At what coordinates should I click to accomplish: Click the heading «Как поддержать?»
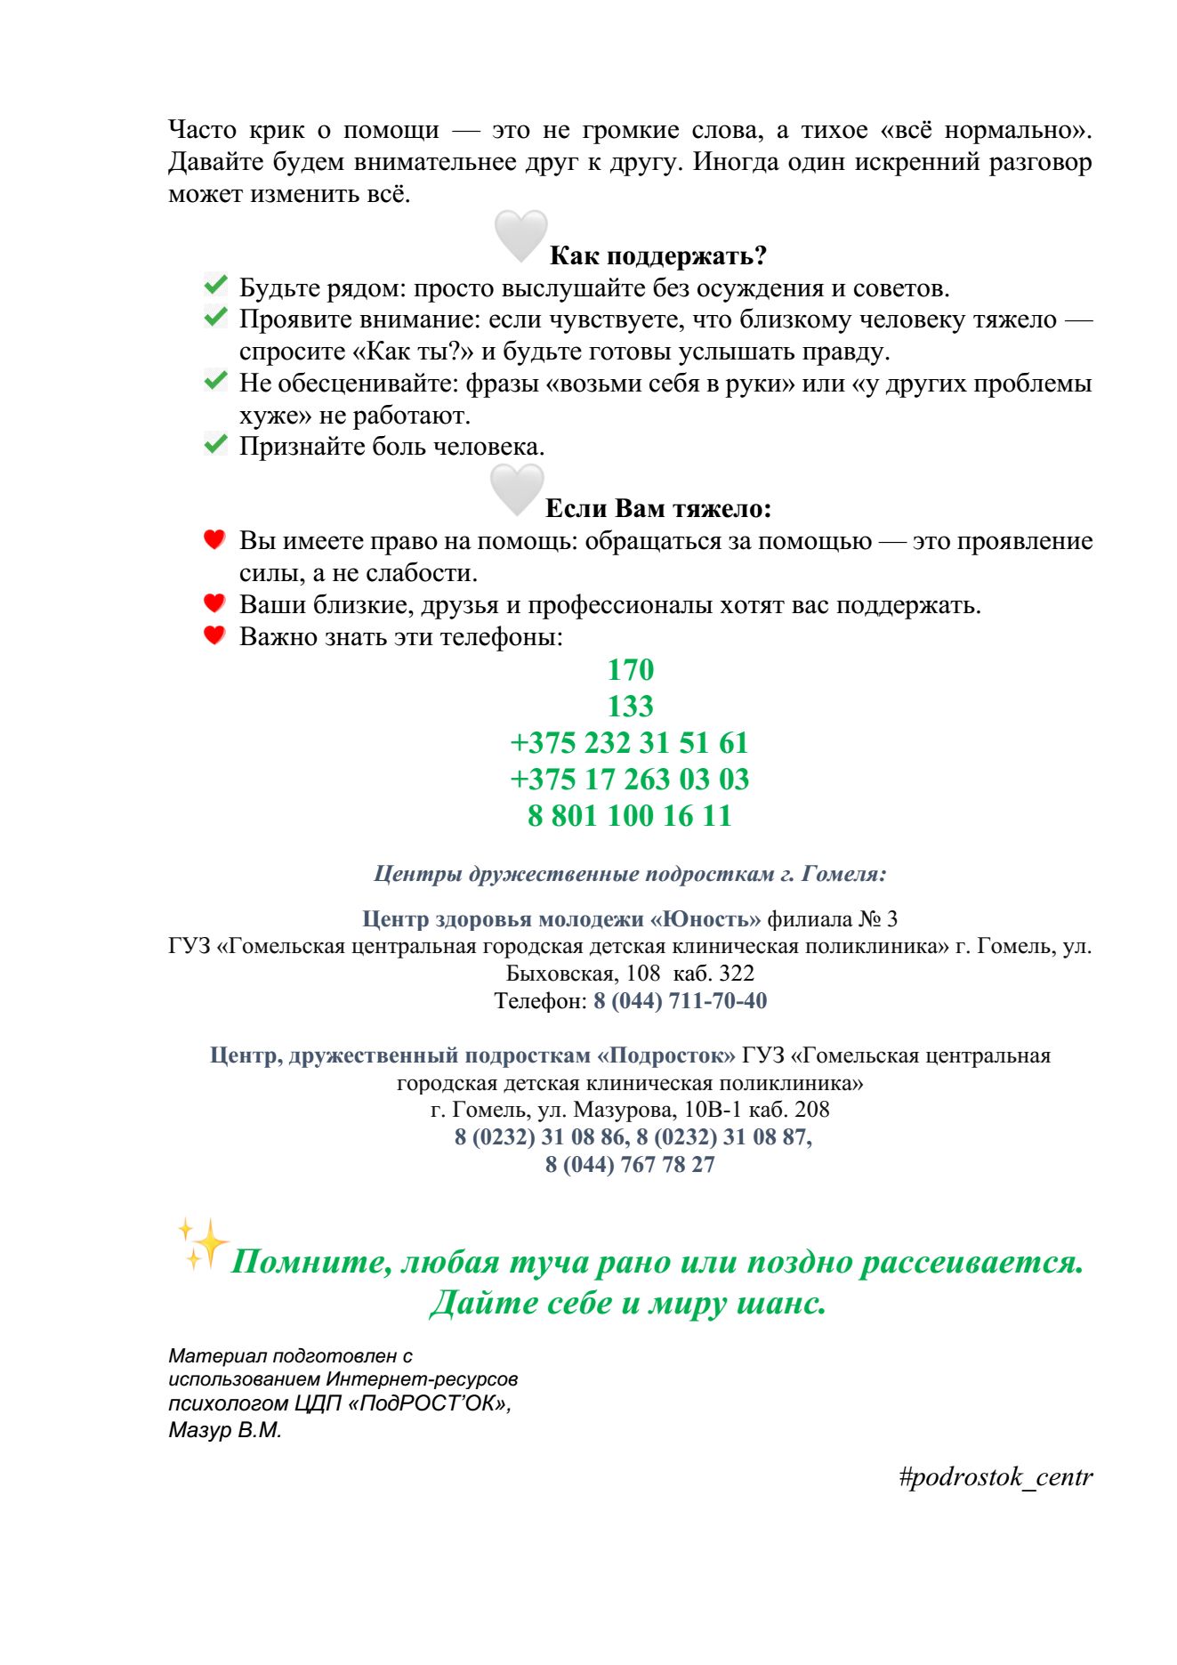coord(657,256)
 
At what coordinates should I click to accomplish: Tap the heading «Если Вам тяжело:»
coord(657,509)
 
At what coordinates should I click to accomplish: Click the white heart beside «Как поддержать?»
coord(520,236)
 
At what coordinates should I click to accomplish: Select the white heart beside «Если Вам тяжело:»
coord(517,489)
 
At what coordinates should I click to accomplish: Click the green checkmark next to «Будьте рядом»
coord(215,286)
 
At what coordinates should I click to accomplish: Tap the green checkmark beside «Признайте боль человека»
coord(215,444)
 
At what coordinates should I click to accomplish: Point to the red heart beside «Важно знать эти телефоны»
coord(214,635)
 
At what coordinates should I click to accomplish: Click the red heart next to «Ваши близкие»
coord(214,603)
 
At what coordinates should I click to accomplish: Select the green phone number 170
coord(630,670)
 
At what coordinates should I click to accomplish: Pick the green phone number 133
coord(630,707)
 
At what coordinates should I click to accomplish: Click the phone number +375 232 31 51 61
coord(629,743)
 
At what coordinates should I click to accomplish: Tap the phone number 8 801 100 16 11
coord(629,816)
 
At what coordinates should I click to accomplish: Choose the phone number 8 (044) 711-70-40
coord(680,1001)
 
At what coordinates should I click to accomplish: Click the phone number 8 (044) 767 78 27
coord(630,1165)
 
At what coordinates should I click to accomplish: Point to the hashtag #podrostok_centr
coord(995,1478)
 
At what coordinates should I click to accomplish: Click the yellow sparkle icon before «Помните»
coord(202,1243)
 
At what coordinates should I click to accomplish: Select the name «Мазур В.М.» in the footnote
coord(225,1431)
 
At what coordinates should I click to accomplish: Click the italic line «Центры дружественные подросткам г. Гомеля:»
coord(630,874)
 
